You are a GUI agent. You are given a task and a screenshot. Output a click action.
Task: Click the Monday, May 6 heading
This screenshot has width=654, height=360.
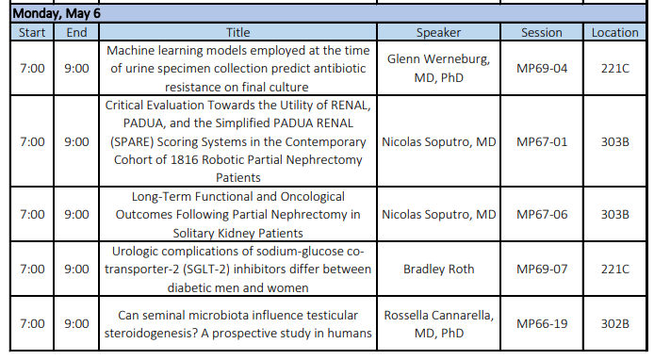pos(57,14)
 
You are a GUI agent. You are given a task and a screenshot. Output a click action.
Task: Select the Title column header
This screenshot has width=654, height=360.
pos(238,32)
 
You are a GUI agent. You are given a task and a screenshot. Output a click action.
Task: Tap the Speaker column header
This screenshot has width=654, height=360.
pos(438,32)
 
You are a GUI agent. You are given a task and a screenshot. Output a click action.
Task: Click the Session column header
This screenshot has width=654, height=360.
pos(541,32)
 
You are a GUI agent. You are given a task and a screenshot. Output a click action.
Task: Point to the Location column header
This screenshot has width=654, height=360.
pos(614,32)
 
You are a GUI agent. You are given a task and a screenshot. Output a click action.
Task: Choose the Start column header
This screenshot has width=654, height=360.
pos(31,32)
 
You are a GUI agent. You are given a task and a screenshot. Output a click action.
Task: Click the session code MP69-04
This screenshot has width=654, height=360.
pos(541,69)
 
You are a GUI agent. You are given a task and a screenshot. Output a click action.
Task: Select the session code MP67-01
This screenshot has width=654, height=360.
pos(541,141)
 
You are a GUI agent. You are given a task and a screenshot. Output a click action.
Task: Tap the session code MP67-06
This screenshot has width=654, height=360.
pos(541,214)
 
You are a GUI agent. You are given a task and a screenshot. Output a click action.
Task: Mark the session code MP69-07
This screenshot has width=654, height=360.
pos(541,269)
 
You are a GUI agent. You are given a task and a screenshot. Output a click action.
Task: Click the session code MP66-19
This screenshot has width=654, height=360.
pos(541,323)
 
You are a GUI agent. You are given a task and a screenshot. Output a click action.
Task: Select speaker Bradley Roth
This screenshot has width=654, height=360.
pos(438,269)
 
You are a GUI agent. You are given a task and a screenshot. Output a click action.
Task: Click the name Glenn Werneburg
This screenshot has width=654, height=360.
pos(438,59)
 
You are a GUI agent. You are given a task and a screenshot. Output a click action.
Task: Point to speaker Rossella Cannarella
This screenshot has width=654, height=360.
pos(438,314)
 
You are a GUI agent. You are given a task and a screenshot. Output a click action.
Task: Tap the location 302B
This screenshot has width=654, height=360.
pos(614,323)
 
